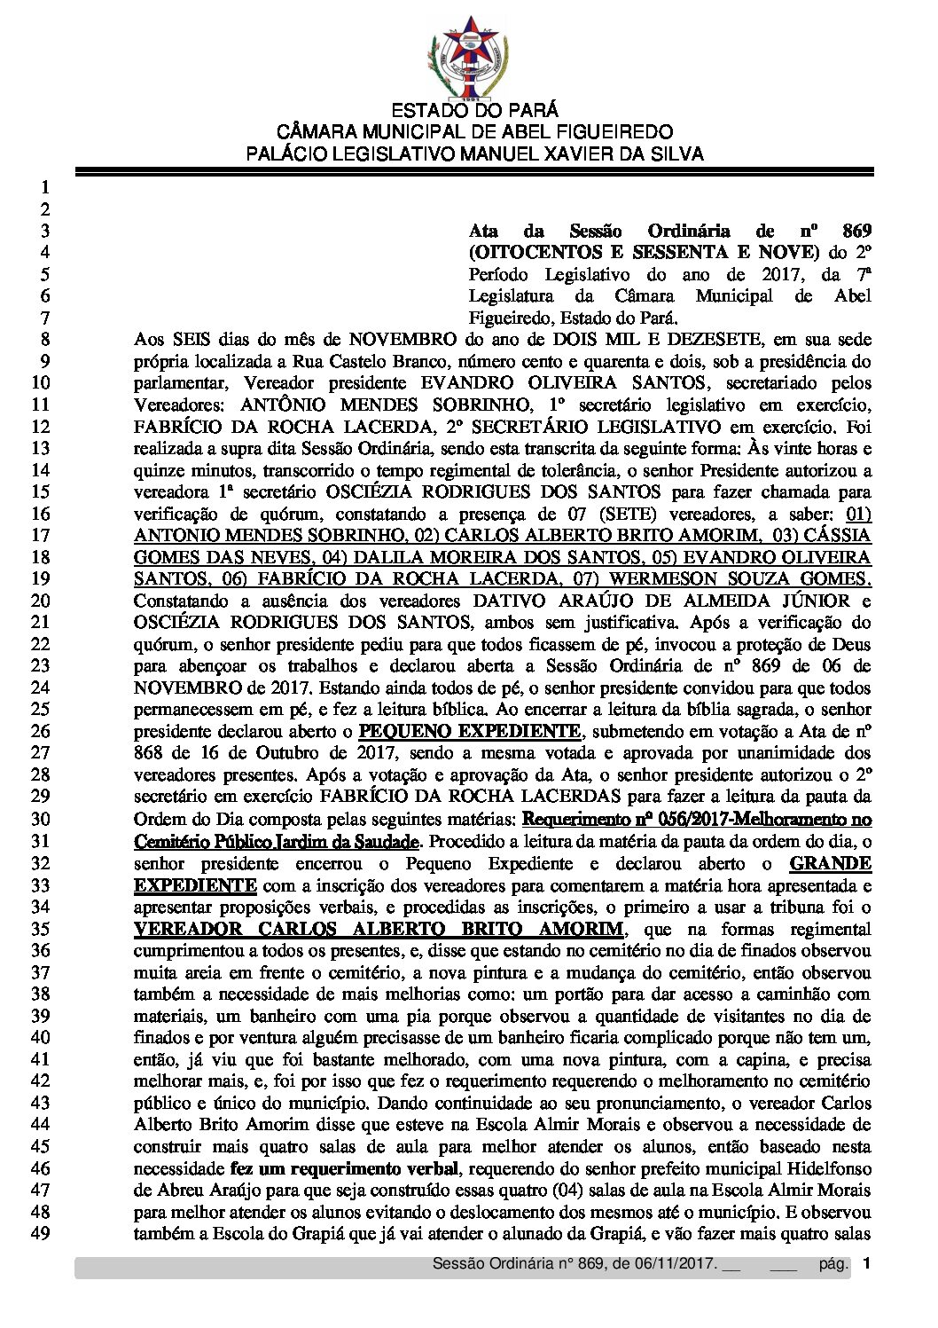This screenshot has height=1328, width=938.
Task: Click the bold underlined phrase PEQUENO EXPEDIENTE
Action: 470,731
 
